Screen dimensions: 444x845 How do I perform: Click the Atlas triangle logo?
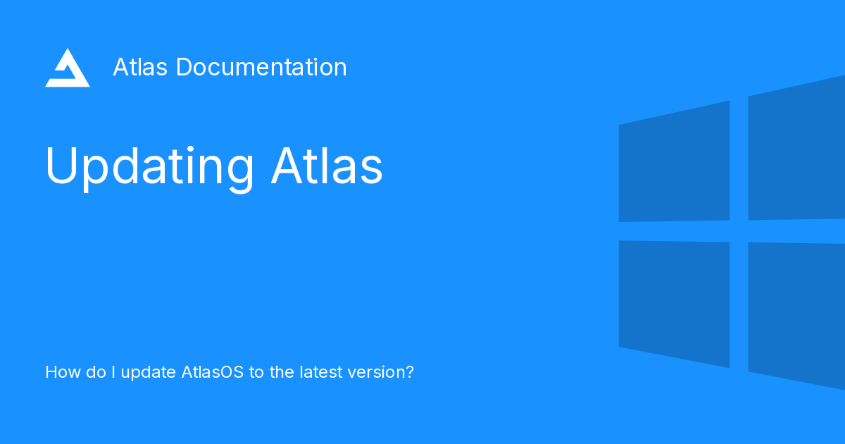coord(68,69)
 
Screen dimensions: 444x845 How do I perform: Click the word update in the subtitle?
coord(148,373)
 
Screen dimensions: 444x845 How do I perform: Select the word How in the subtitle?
coord(59,372)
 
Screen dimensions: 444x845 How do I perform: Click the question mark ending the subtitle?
coord(409,372)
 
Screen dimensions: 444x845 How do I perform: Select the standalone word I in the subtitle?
coord(112,372)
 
